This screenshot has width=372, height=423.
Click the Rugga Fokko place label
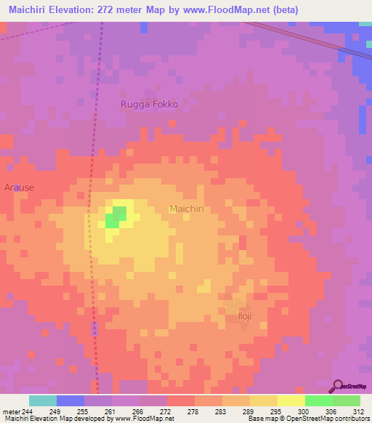(x=149, y=104)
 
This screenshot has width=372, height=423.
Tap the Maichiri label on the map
(x=190, y=209)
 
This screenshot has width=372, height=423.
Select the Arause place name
(x=20, y=188)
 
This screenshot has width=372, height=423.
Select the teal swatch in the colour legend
(x=43, y=400)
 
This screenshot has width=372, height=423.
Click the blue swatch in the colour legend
(x=70, y=400)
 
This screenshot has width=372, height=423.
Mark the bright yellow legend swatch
(x=291, y=400)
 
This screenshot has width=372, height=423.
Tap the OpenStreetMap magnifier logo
(x=339, y=387)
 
